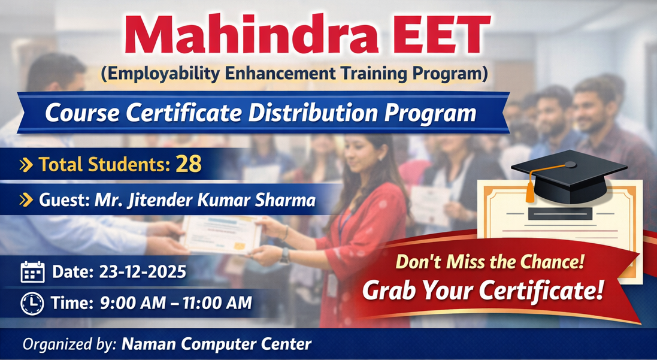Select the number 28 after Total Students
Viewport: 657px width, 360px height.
tap(189, 165)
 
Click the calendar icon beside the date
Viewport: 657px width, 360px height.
tap(32, 272)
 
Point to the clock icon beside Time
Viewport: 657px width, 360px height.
tap(32, 304)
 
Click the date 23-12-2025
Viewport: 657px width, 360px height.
tap(140, 272)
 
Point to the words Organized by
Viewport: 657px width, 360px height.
tap(69, 344)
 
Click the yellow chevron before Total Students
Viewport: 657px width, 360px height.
tap(26, 165)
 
